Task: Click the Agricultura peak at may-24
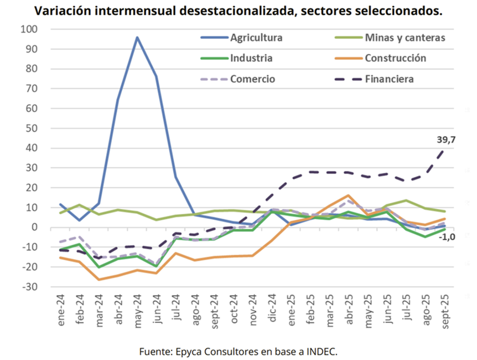pos(137,37)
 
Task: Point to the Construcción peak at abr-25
pos(348,195)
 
